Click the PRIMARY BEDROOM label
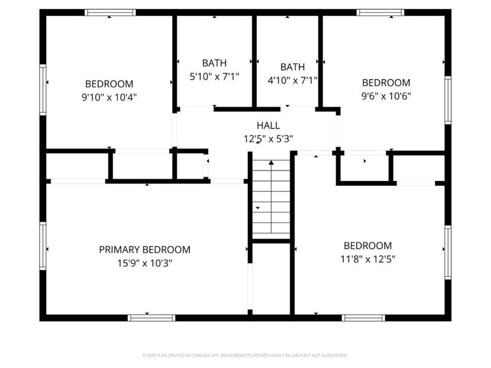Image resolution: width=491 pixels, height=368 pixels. pos(145,250)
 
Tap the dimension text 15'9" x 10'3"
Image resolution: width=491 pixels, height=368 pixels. pos(145,263)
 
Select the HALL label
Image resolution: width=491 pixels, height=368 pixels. pos(268,125)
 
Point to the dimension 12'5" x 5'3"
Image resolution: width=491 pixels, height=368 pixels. pos(268,139)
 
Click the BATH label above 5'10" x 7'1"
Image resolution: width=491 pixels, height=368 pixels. pos(214,63)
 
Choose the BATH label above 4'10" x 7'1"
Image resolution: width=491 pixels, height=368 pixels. pos(292,67)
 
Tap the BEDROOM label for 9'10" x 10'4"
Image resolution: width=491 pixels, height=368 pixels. pos(109,84)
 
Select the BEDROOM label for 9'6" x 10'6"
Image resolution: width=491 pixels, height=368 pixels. pos(385,83)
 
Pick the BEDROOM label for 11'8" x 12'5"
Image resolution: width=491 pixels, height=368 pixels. pos(367,245)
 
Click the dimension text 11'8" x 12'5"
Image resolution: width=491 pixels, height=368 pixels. pos(367,259)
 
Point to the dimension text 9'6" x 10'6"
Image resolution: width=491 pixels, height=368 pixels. pos(385,96)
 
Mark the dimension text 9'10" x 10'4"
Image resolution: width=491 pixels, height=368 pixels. pos(109,98)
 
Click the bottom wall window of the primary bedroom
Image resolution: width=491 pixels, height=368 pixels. pos(152,318)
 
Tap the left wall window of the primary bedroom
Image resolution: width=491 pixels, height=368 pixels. pos(43,245)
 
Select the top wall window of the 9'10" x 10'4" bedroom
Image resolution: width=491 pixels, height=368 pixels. pos(110,12)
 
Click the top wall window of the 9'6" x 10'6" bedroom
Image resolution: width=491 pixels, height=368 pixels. pos(381,12)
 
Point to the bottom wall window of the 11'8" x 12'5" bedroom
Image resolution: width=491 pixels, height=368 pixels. pos(363,318)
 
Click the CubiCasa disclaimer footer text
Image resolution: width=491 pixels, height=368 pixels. pos(245,355)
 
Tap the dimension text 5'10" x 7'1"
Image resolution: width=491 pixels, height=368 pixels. pos(214,77)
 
